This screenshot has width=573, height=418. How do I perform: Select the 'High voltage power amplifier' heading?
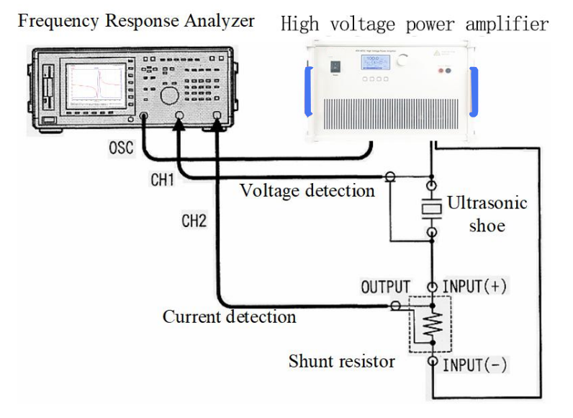pos(414,24)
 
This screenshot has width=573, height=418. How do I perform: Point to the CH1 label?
pos(163,180)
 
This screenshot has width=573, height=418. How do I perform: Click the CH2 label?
pos(194,221)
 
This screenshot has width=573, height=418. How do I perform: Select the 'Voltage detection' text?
pos(307,191)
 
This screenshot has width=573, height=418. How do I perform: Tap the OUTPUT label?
pos(385,286)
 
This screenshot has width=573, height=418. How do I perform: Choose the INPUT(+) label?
pos(474,286)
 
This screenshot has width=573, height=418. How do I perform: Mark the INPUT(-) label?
pos(474,365)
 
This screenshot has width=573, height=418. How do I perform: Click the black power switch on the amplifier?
pos(335,68)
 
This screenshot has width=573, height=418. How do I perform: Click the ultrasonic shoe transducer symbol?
pos(431,208)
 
